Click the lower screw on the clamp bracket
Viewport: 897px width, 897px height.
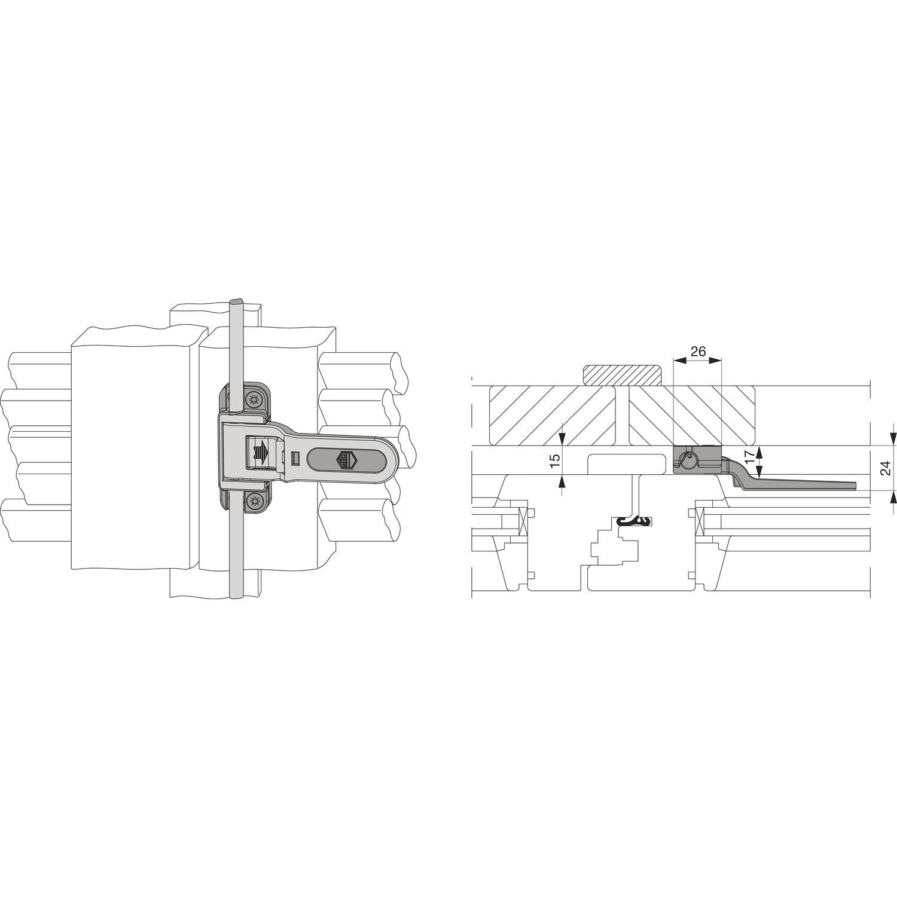click(255, 501)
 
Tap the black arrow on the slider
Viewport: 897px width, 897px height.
click(261, 452)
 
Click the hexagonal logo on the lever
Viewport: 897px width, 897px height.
click(343, 459)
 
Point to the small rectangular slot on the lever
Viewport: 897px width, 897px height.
click(294, 458)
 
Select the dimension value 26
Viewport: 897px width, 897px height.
click(697, 351)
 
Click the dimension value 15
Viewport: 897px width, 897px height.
click(554, 460)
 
